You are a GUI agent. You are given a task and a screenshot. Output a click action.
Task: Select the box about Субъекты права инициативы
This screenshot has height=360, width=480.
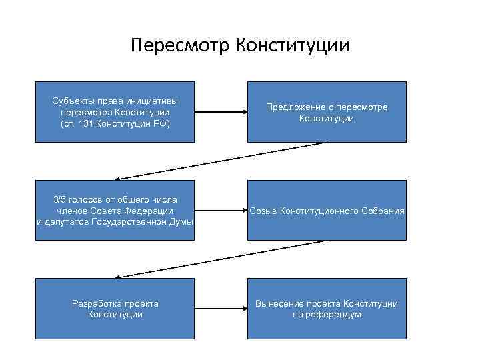pyautogui.click(x=115, y=112)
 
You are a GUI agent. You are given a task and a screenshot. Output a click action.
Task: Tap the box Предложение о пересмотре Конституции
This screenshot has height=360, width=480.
pyautogui.click(x=327, y=112)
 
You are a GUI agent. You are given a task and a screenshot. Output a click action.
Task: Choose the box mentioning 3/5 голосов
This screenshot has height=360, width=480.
pyautogui.click(x=115, y=210)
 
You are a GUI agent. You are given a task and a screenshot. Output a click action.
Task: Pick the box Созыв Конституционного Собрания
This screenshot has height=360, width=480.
pyautogui.click(x=327, y=210)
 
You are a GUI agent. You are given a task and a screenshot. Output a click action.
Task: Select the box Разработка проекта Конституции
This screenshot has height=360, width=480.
pyautogui.click(x=115, y=309)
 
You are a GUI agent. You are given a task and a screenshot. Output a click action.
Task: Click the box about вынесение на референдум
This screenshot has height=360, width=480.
pyautogui.click(x=327, y=309)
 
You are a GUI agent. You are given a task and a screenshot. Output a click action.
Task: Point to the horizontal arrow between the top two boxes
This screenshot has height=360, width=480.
pyautogui.click(x=221, y=112)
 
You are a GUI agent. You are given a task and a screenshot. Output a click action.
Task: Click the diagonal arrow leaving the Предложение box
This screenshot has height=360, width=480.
pyautogui.click(x=221, y=161)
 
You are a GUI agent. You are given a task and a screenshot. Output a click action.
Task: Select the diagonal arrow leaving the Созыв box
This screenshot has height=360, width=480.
pyautogui.click(x=221, y=259)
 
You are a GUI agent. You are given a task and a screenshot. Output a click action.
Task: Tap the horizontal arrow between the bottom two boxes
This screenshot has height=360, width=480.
pyautogui.click(x=221, y=309)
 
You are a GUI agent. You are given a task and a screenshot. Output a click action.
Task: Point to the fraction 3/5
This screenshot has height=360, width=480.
pyautogui.click(x=61, y=199)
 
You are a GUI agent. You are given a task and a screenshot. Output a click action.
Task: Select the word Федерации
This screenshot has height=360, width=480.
pyautogui.click(x=151, y=211)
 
